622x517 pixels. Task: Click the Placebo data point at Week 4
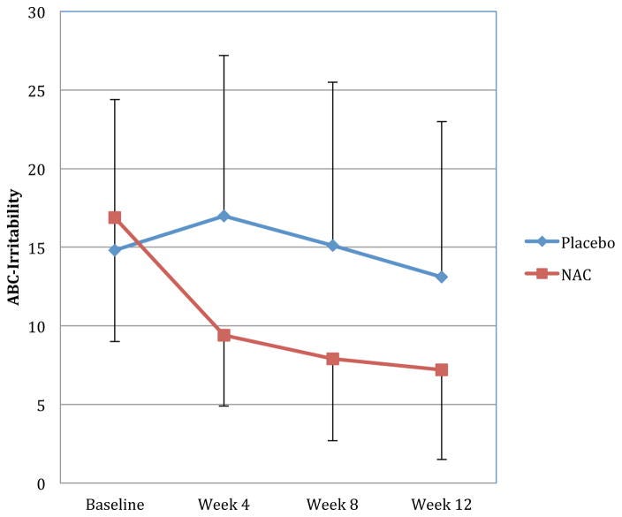tap(224, 217)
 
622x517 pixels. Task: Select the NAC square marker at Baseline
tap(115, 217)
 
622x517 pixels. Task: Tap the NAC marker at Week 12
tap(442, 370)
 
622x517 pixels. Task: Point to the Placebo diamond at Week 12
tap(442, 277)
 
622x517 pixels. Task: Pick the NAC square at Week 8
tap(332, 359)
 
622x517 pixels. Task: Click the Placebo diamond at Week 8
tap(332, 246)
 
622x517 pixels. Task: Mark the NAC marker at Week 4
tap(224, 335)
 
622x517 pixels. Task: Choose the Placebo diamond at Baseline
tap(115, 250)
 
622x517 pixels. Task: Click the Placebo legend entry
tap(570, 241)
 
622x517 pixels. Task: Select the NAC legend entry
tap(558, 274)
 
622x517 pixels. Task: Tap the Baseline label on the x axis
tap(115, 505)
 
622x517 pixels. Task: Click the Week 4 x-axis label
tap(224, 505)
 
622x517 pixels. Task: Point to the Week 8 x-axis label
tap(332, 505)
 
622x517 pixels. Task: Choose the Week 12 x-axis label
tap(442, 505)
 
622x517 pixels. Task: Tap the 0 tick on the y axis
tap(41, 483)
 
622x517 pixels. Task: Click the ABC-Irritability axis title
tap(14, 247)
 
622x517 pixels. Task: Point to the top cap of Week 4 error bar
tap(224, 56)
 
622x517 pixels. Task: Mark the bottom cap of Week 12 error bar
tap(442, 460)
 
